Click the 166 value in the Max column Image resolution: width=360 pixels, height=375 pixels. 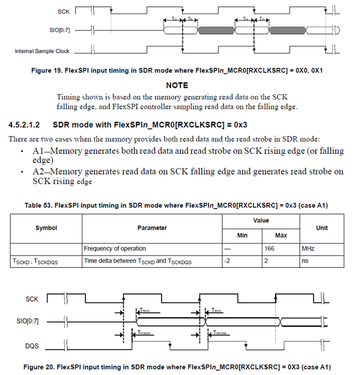tap(270, 248)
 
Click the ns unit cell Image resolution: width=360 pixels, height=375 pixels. tap(304, 260)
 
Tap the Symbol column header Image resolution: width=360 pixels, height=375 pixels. tap(46, 227)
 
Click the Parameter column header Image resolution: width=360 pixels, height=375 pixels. tap(152, 227)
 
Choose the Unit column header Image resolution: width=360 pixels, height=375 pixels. tap(322, 227)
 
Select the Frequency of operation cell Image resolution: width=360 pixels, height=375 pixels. tap(114, 248)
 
